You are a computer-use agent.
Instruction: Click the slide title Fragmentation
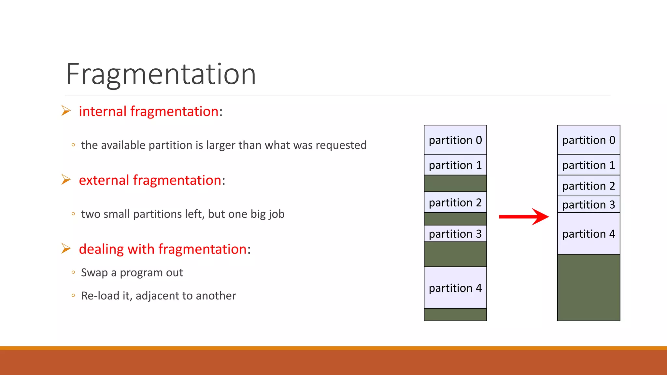point(161,74)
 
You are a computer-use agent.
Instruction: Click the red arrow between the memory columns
point(524,216)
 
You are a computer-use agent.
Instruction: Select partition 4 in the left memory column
point(455,288)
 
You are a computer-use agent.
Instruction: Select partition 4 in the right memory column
point(589,234)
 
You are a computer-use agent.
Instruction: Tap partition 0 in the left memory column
point(455,140)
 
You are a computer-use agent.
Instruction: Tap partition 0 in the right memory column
point(589,140)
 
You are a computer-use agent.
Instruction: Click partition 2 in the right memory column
point(589,186)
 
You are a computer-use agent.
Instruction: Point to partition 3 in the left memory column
point(455,234)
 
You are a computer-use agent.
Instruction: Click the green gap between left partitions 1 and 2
point(455,184)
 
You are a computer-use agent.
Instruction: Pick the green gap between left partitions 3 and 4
point(455,254)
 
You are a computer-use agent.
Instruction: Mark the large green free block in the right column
point(589,287)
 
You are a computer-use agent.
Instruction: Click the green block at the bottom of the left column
point(455,315)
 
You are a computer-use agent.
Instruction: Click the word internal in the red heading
point(103,111)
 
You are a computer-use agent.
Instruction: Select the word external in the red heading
point(104,180)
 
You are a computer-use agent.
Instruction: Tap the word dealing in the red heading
point(101,249)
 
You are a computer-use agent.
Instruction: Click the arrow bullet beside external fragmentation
point(66,179)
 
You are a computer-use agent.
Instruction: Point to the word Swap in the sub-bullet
point(94,273)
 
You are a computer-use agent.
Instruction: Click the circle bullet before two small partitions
point(73,214)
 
